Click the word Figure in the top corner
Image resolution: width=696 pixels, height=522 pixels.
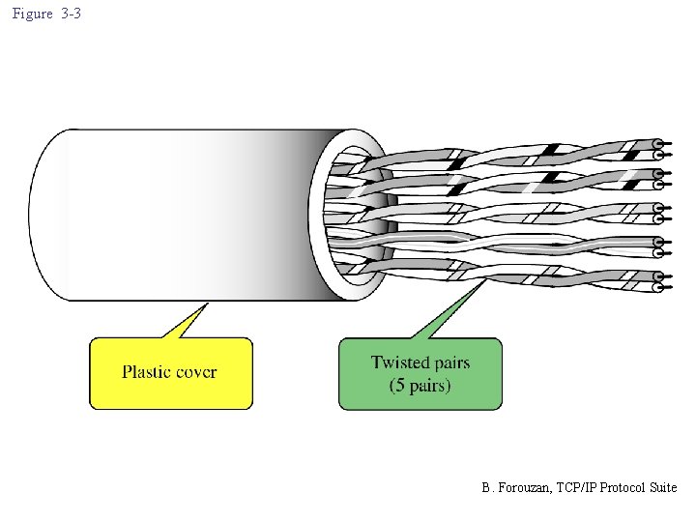coord(32,14)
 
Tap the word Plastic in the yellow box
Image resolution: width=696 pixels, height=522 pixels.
coord(148,372)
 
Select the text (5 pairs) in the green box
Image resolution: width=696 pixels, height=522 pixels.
coord(420,386)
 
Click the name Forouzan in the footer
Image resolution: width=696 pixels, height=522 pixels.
coord(522,488)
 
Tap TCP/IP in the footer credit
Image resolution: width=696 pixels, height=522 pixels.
coord(574,488)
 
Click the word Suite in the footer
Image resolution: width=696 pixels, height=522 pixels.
coord(663,488)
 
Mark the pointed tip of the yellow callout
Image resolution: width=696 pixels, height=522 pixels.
coord(207,304)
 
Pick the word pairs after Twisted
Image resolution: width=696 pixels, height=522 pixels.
coord(451,363)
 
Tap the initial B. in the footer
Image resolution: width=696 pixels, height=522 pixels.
coord(486,488)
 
